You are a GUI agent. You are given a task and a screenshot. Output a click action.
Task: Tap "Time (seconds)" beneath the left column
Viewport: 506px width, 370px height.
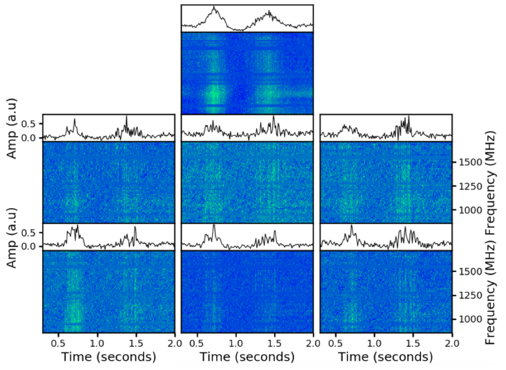[109, 357]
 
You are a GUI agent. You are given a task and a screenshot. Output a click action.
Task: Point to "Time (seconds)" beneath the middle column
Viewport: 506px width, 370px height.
[247, 357]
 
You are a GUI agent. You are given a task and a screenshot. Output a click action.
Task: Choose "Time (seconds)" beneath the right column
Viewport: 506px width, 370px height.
[385, 357]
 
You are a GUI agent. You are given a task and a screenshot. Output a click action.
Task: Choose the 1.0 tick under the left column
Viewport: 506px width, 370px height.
[98, 342]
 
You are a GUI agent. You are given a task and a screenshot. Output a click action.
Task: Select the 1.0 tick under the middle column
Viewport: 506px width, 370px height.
[236, 342]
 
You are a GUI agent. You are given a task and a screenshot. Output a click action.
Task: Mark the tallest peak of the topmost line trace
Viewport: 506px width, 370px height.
[214, 7]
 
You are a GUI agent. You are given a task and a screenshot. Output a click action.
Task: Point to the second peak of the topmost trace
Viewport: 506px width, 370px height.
[269, 12]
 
